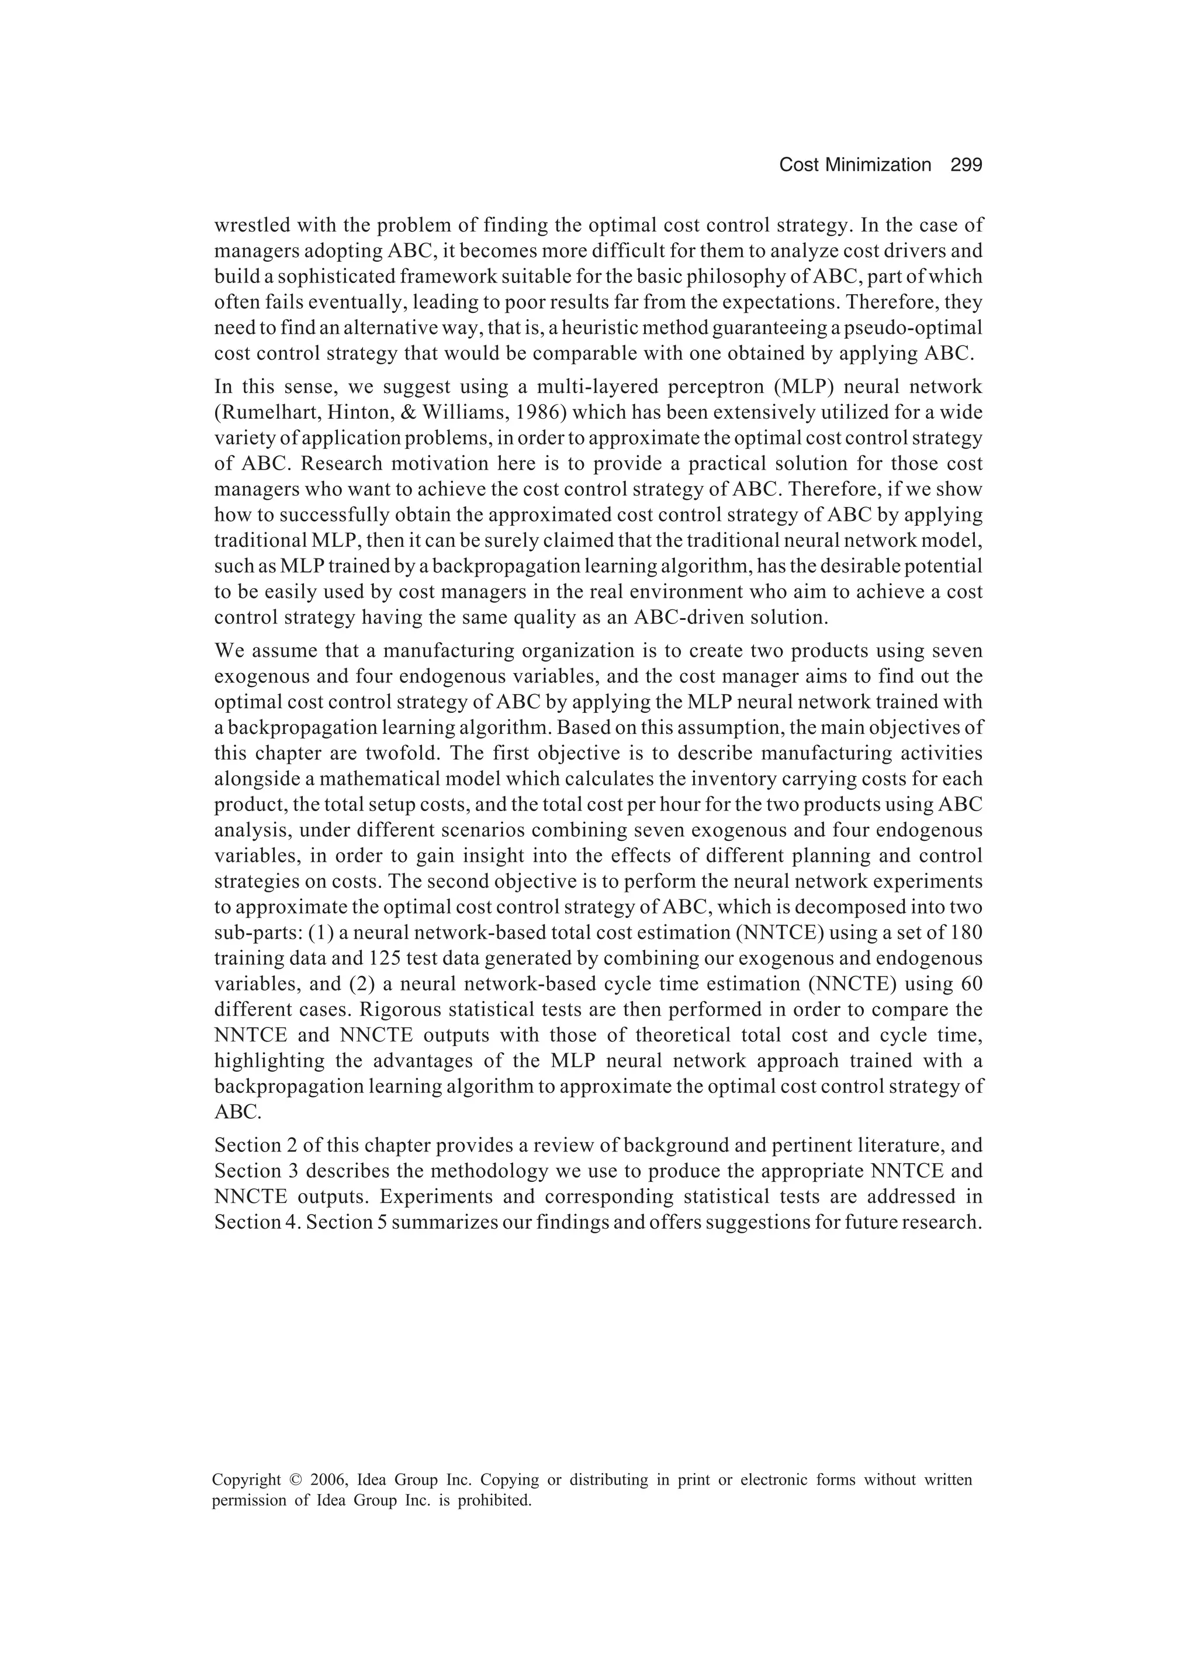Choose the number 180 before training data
pos(967,933)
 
